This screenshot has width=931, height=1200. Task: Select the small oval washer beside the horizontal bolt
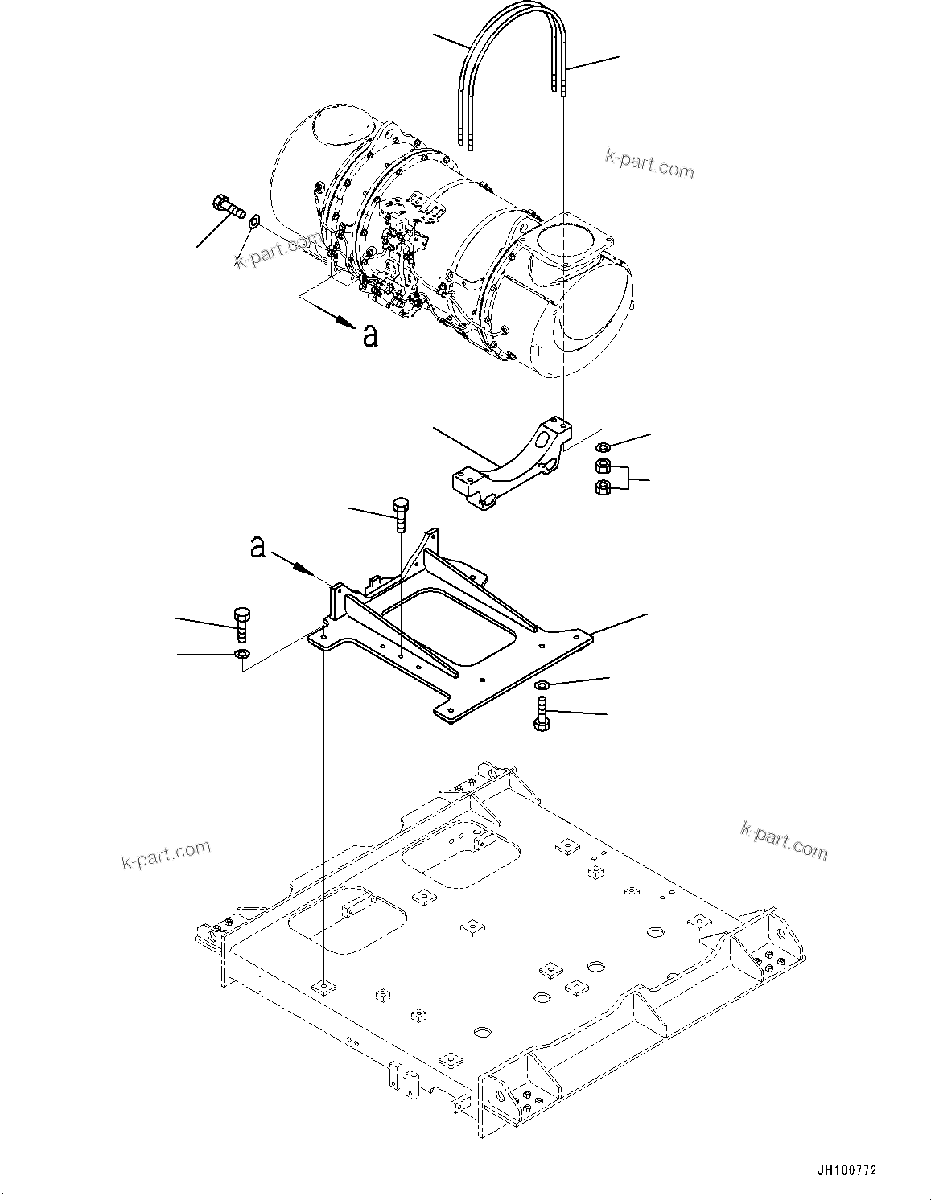(254, 220)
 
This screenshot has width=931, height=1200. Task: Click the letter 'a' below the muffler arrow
(369, 335)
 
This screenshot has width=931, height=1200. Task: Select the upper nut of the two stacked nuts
(602, 466)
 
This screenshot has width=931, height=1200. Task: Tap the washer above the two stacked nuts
(601, 447)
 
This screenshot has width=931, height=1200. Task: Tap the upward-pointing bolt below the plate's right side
(541, 713)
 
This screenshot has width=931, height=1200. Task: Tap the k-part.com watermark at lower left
(166, 854)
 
